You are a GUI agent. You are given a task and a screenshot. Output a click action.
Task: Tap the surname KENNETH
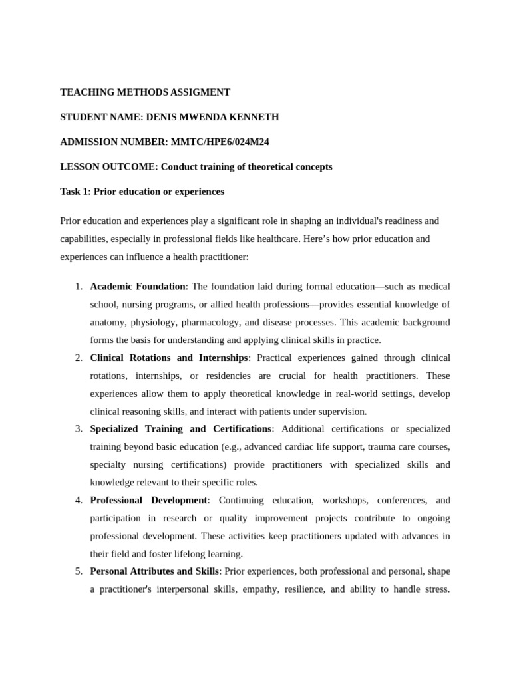point(253,117)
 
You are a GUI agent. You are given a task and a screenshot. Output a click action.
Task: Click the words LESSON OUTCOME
point(108,166)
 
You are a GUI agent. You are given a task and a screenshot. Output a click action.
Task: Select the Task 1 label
point(76,192)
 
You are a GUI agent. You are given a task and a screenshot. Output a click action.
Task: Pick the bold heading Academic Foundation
point(138,287)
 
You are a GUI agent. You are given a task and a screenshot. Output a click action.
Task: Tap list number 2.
point(79,358)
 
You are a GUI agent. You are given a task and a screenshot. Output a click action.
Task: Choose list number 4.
point(79,500)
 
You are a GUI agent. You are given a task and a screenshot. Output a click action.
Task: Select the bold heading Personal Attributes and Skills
point(154,571)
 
